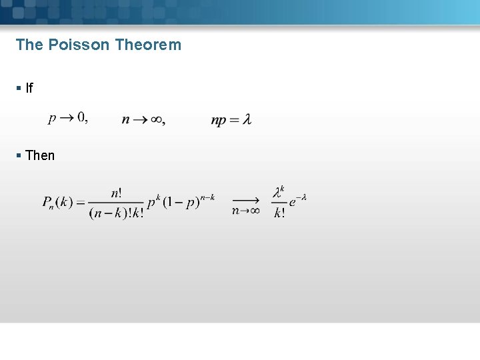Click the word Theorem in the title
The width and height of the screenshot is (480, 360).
pos(147,45)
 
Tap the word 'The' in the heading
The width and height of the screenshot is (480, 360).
pos(29,45)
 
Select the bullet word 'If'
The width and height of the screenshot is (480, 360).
pos(29,88)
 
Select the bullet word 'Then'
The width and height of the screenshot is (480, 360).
pos(40,155)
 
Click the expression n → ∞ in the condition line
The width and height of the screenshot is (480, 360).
pos(143,119)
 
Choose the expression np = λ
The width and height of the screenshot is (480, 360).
pos(231,120)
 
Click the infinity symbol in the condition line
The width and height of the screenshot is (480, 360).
pos(156,120)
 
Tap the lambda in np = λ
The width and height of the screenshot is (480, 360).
pos(247,120)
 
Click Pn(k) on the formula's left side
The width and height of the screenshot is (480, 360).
pos(57,202)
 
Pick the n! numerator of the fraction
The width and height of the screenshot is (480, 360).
pos(116,193)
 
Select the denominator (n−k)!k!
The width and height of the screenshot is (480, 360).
pos(116,213)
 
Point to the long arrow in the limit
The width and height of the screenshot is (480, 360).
pos(246,199)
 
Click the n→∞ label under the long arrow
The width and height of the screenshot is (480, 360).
pos(246,211)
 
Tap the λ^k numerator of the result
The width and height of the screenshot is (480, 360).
pos(279,193)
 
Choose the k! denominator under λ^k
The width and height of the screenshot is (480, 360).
pos(279,213)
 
